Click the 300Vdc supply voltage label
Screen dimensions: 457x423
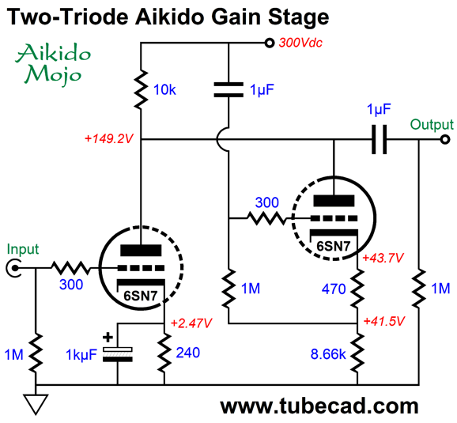(300, 43)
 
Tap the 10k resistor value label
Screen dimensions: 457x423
(164, 89)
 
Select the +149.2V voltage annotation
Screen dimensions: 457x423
(108, 138)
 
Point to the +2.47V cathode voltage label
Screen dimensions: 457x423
(191, 323)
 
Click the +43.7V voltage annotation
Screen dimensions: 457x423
(383, 258)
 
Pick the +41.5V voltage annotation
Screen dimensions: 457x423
(384, 321)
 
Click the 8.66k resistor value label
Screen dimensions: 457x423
(328, 354)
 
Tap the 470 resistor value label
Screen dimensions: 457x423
(334, 289)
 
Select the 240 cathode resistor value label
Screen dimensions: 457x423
(188, 353)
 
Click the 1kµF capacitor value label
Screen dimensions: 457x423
(81, 355)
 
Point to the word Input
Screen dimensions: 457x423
(23, 250)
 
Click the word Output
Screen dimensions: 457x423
(432, 125)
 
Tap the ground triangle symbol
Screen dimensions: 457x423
(36, 404)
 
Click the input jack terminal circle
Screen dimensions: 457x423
(13, 267)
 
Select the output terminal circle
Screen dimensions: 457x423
(445, 139)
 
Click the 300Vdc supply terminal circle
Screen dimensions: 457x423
(270, 43)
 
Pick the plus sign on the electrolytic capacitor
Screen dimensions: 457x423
(108, 338)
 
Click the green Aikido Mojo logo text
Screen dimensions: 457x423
(53, 63)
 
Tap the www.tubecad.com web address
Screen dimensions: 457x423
(319, 406)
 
